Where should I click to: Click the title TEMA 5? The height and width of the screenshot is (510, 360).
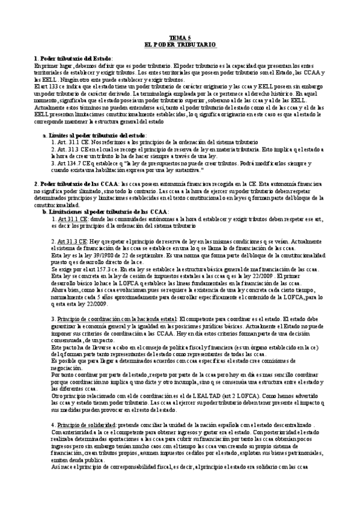tap(180, 37)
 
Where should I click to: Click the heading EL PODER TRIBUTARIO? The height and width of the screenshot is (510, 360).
tap(180, 45)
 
